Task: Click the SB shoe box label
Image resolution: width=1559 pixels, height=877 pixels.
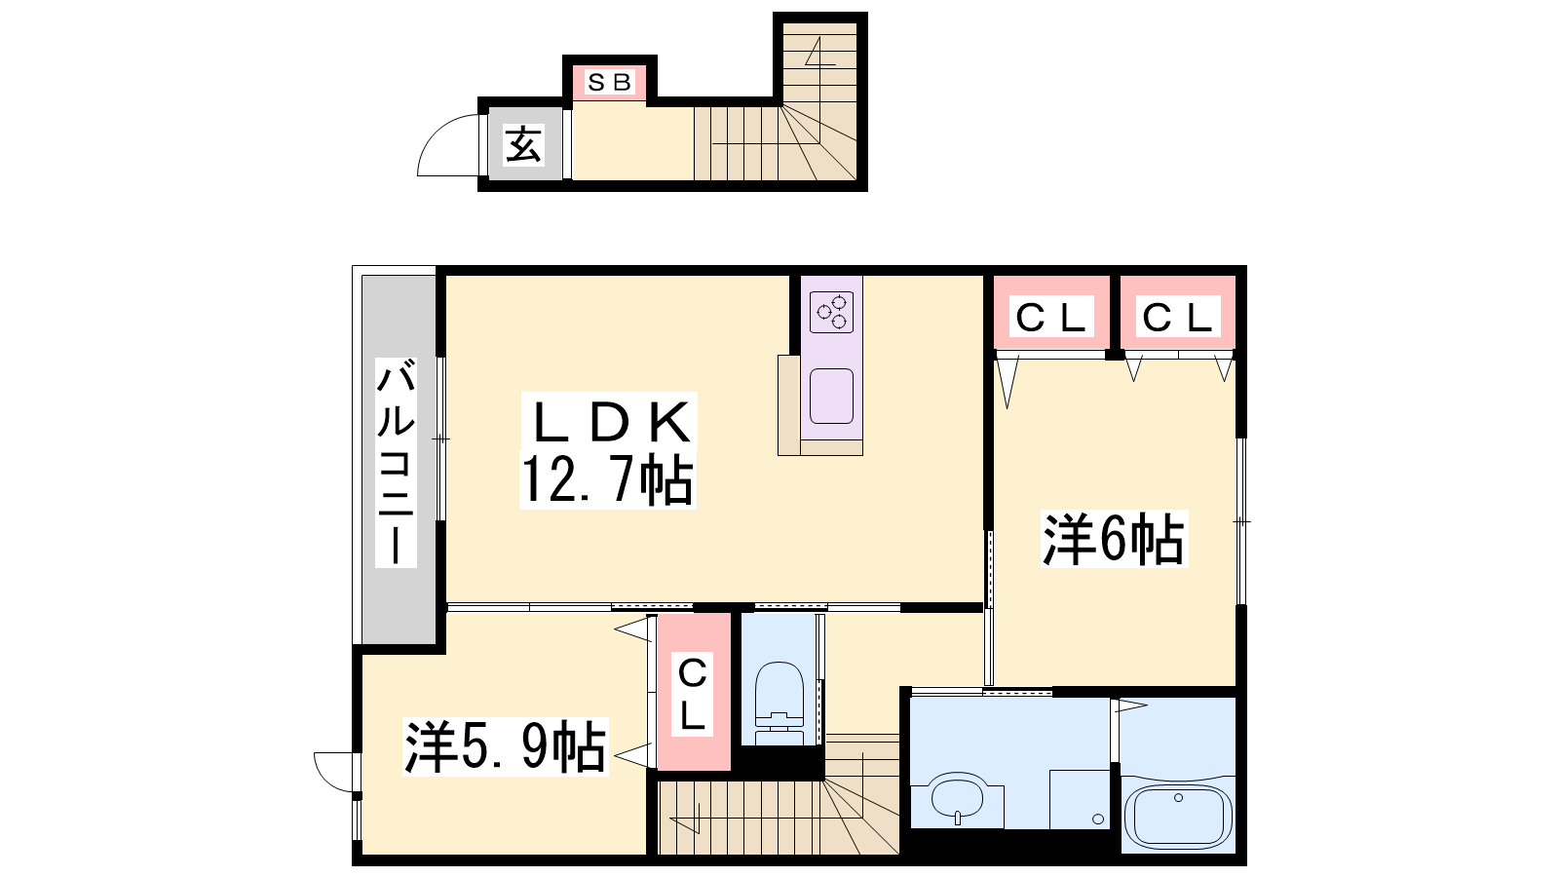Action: click(609, 82)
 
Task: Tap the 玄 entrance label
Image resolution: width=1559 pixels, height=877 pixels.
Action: click(523, 144)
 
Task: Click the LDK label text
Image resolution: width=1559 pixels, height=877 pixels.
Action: click(610, 420)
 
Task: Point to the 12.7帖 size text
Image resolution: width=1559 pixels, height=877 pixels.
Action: click(608, 479)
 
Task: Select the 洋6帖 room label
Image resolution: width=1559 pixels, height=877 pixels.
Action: click(1113, 538)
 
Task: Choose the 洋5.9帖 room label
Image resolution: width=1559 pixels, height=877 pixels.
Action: click(506, 746)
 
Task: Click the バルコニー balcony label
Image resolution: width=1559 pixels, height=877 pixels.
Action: click(396, 462)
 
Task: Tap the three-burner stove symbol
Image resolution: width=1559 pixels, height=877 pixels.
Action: click(832, 312)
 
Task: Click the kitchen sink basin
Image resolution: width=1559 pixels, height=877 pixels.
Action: click(832, 396)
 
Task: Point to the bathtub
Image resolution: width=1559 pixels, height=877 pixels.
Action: click(1178, 819)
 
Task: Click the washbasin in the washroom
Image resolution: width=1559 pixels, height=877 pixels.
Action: click(957, 797)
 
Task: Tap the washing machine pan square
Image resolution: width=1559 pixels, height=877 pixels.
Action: click(1080, 799)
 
